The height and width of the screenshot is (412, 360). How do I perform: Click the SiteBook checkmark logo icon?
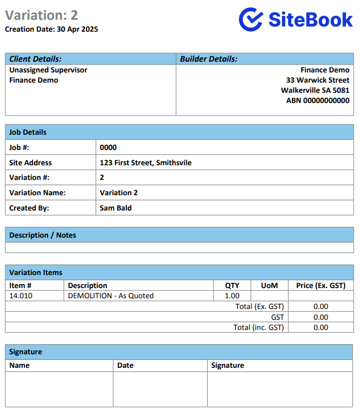[x=251, y=19]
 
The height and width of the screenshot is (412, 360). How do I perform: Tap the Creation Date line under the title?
[x=52, y=29]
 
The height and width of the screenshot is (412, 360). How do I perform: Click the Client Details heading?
[x=35, y=59]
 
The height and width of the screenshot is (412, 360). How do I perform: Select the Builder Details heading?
[x=208, y=59]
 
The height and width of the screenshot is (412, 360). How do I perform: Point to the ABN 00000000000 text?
[x=318, y=101]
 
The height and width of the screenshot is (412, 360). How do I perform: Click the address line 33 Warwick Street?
[x=318, y=80]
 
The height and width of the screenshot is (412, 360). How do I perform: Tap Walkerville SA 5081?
[x=315, y=91]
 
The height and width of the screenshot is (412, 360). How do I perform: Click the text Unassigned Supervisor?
[x=48, y=70]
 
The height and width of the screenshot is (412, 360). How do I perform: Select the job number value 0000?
[x=108, y=148]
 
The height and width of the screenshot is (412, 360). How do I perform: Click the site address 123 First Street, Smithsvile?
[x=145, y=163]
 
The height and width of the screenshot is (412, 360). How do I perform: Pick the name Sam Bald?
[x=115, y=208]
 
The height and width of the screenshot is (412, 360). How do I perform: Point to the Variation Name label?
[x=37, y=193]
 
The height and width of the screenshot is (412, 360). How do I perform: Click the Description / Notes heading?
[x=42, y=235]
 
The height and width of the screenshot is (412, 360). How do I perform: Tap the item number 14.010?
[x=21, y=296]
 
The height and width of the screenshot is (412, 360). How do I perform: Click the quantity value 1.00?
[x=232, y=296]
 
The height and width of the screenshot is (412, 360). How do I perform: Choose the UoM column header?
[x=269, y=286]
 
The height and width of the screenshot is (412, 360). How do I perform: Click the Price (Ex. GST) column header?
[x=320, y=286]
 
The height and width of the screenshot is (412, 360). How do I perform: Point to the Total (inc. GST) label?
[x=258, y=328]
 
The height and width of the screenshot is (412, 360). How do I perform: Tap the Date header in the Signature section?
[x=125, y=366]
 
